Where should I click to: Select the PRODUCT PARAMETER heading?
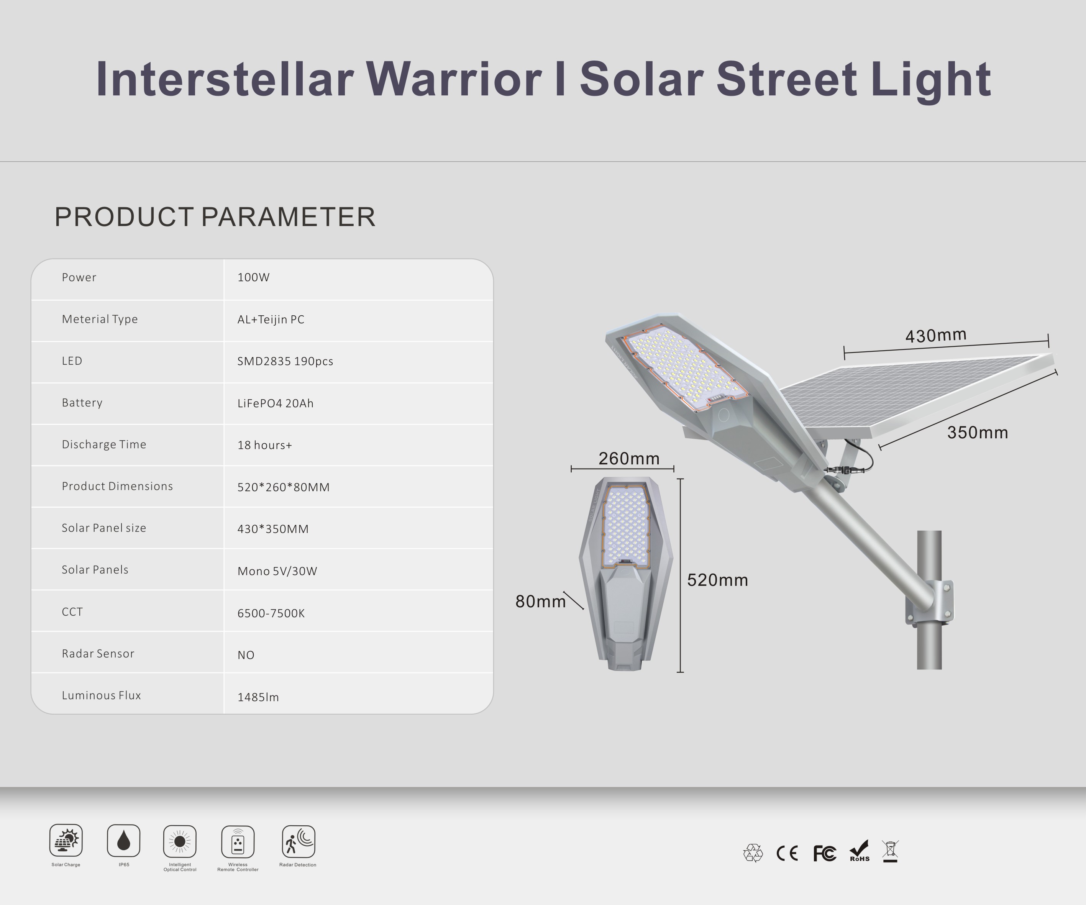click(x=215, y=217)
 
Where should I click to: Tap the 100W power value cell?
click(x=253, y=277)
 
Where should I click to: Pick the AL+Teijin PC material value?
click(x=271, y=320)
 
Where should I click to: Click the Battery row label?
click(x=82, y=403)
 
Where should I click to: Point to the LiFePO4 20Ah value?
click(x=276, y=403)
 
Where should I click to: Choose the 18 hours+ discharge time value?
click(x=265, y=445)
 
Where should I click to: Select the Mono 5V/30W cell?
click(x=277, y=571)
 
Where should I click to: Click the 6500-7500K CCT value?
click(x=271, y=613)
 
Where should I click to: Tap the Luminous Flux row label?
click(x=102, y=695)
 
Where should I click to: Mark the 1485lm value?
click(x=258, y=697)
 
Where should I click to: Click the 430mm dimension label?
click(x=935, y=336)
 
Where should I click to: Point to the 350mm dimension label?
click(x=978, y=432)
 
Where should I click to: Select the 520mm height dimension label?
click(x=717, y=580)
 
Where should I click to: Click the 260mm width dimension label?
click(x=629, y=459)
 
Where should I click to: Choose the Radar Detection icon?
click(x=299, y=841)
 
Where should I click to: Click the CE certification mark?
click(x=787, y=853)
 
